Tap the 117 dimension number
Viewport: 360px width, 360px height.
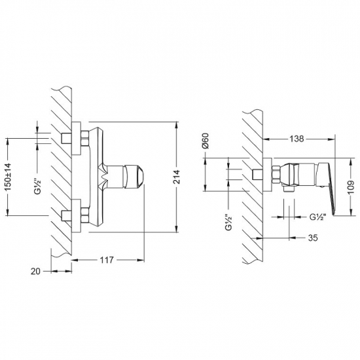[x=107, y=261]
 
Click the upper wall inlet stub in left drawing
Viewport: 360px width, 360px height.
[x=65, y=138]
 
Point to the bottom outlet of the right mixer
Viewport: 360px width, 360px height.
[x=289, y=192]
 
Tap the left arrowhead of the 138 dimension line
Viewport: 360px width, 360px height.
[x=267, y=139]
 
